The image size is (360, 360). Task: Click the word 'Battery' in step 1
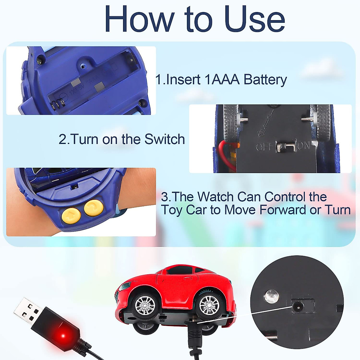click(265, 80)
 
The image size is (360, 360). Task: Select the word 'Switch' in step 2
click(164, 139)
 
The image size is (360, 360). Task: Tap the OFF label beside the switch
click(264, 147)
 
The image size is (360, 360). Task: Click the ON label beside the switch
click(304, 146)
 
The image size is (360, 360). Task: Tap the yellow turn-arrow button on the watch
click(94, 208)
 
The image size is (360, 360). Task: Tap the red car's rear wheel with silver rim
click(209, 306)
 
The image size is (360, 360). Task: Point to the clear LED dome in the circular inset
click(271, 296)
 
